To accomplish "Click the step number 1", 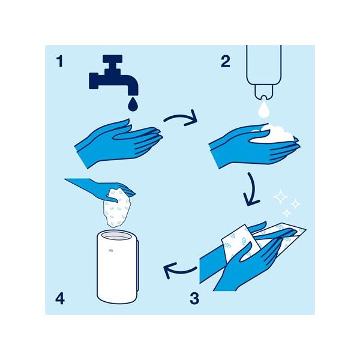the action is (x=60, y=62).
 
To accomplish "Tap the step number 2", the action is (x=226, y=62).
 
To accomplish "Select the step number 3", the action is (x=194, y=299).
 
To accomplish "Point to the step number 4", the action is (x=60, y=299).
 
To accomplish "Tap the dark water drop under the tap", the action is (x=133, y=104).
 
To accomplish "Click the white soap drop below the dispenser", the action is (x=263, y=110).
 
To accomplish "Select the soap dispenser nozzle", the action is (x=264, y=92).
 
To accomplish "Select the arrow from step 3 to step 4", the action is (x=179, y=271).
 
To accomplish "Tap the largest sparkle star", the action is (x=280, y=197).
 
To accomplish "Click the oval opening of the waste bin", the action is (x=116, y=236).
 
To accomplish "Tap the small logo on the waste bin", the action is (x=111, y=251).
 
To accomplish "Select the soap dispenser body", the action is (x=264, y=65).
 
